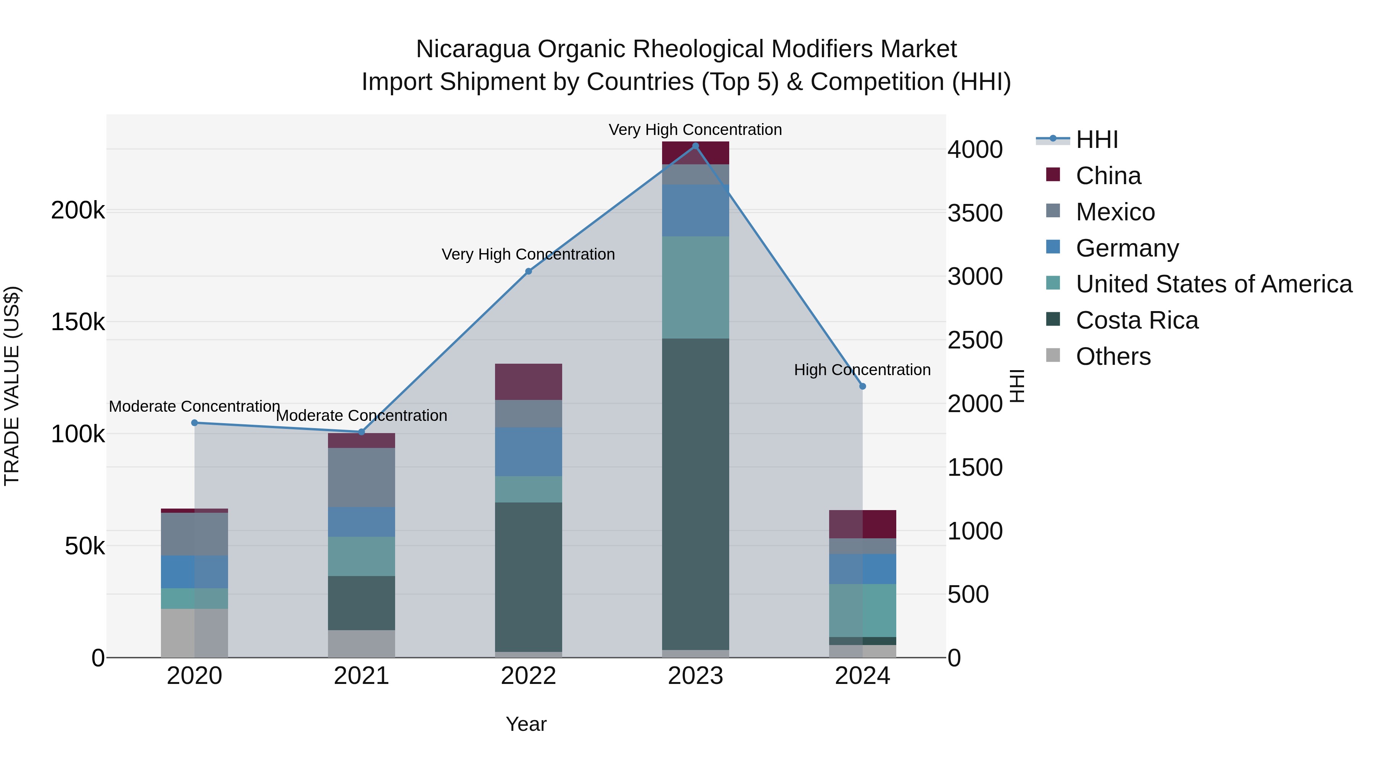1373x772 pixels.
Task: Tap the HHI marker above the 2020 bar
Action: click(195, 423)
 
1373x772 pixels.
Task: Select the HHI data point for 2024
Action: click(862, 386)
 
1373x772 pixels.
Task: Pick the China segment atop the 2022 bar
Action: click(528, 382)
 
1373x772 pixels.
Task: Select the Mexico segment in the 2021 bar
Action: click(362, 477)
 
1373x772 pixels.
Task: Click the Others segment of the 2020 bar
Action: click(195, 633)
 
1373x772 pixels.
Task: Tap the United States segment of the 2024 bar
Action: click(862, 611)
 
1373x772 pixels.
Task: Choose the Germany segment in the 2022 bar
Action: click(528, 452)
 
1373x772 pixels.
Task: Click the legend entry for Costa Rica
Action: click(1137, 320)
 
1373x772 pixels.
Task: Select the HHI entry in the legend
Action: click(1096, 140)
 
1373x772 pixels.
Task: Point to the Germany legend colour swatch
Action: click(1053, 247)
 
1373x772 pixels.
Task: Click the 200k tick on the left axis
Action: click(78, 210)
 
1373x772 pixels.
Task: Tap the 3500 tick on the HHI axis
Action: click(975, 213)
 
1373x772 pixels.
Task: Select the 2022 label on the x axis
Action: click(528, 676)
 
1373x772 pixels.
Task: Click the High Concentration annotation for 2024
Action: click(862, 370)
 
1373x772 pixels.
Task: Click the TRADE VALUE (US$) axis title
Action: click(12, 386)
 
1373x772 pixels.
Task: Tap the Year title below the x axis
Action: click(526, 724)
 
